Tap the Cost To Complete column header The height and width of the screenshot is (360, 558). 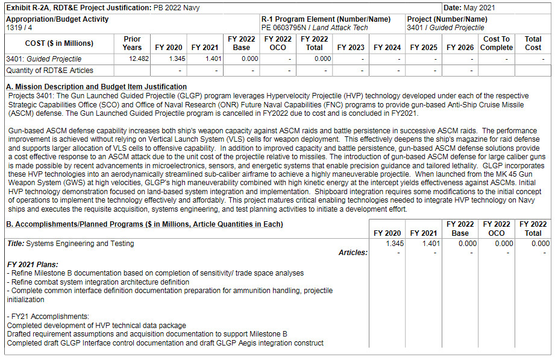497,43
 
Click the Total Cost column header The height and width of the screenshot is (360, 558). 533,43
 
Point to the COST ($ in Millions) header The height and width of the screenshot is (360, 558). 59,43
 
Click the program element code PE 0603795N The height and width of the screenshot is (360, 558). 283,28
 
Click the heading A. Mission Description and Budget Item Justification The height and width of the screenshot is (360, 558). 96,86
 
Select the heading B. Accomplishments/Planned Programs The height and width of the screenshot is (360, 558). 145,224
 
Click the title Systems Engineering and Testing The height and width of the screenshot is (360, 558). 71,244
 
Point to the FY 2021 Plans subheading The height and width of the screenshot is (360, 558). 33,264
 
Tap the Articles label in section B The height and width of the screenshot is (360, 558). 353,253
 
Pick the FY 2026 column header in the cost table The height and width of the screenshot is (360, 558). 460,48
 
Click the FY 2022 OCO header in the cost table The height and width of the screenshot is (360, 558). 278,43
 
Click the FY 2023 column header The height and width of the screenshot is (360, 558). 351,48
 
